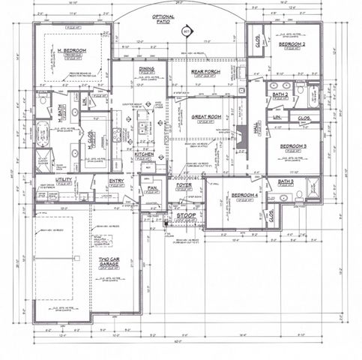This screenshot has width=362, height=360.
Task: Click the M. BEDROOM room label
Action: (73, 50)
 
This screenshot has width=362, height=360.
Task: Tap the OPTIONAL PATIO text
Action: (163, 19)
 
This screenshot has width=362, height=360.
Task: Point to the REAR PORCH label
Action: (204, 72)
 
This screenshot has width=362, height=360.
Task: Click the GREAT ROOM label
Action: (205, 116)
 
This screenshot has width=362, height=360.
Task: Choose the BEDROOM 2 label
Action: (292, 45)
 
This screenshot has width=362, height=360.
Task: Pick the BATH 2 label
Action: (280, 94)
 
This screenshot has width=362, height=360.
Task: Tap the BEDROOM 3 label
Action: (294, 146)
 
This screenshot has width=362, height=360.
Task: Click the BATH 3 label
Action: (286, 181)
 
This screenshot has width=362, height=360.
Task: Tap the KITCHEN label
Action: (144, 154)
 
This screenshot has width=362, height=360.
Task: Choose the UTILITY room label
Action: (64, 180)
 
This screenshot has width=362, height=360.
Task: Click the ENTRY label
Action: (116, 180)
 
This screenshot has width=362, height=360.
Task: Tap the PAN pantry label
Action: (151, 188)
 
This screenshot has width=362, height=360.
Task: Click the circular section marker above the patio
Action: (186, 32)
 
